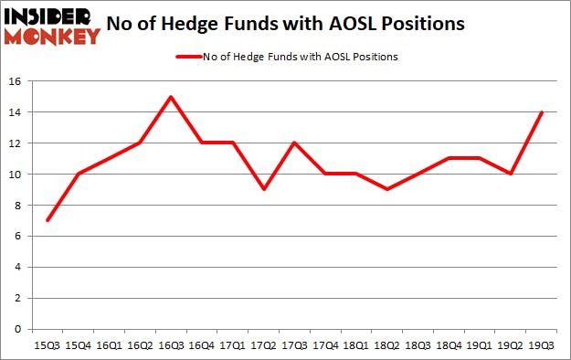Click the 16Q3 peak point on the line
click(x=170, y=97)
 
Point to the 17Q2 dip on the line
click(x=263, y=189)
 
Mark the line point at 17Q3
click(x=294, y=143)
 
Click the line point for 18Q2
click(x=387, y=189)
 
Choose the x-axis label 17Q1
click(x=232, y=345)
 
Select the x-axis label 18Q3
click(x=419, y=345)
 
